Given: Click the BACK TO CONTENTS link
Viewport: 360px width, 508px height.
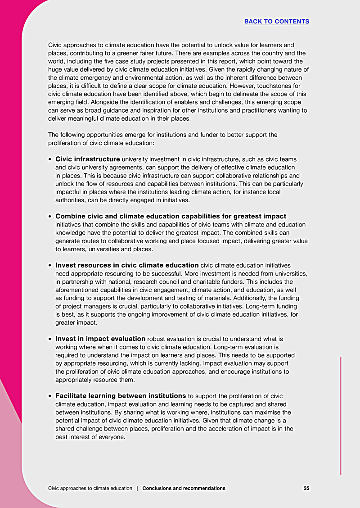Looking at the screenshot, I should pyautogui.click(x=277, y=22).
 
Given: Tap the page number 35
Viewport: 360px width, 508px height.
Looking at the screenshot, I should pyautogui.click(x=306, y=488).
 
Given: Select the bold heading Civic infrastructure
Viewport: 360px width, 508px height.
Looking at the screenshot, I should pyautogui.click(x=88, y=159).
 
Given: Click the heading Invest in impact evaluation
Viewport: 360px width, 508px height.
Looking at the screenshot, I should pyautogui.click(x=100, y=339).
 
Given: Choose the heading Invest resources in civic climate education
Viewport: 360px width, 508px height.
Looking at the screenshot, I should pyautogui.click(x=127, y=265).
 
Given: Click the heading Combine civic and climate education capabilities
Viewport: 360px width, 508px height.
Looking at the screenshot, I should pyautogui.click(x=171, y=217).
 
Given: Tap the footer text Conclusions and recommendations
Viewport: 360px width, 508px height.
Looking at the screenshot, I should pyautogui.click(x=184, y=488).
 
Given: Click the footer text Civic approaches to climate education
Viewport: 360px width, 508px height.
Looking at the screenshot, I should pyautogui.click(x=90, y=488).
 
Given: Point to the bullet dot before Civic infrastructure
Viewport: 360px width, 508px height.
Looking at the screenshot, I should pyautogui.click(x=50, y=159).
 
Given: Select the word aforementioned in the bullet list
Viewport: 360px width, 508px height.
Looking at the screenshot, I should pyautogui.click(x=78, y=290).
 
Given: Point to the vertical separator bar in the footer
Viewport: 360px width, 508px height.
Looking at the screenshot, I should pyautogui.click(x=137, y=488).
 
